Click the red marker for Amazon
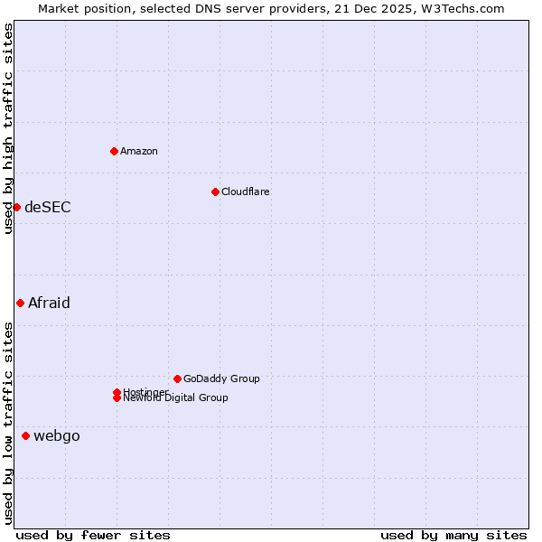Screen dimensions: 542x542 click(x=114, y=151)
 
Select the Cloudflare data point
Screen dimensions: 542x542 click(x=215, y=192)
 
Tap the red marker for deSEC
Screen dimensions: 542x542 click(x=16, y=207)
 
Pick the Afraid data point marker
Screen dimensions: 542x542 click(x=20, y=303)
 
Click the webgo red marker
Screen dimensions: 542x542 click(x=25, y=436)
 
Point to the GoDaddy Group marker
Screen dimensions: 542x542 click(x=177, y=378)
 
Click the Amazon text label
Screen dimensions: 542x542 click(x=138, y=151)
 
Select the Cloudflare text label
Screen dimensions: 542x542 click(x=245, y=192)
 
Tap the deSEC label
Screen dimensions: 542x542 click(x=47, y=207)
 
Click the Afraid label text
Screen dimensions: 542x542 click(x=49, y=303)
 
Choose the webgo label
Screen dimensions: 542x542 click(x=56, y=436)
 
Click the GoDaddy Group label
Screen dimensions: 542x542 click(x=221, y=378)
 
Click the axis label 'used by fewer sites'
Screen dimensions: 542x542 click(x=93, y=535)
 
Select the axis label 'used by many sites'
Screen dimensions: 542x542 click(x=453, y=535)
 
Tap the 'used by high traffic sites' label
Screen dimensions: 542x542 click(x=8, y=128)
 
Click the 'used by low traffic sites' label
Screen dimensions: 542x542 click(x=8, y=422)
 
